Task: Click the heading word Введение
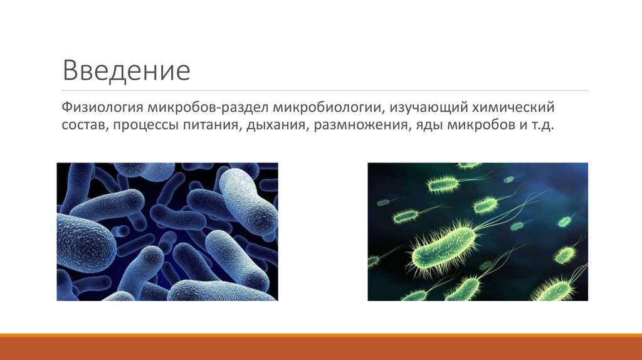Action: click(x=126, y=70)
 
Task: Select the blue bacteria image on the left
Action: click(x=167, y=231)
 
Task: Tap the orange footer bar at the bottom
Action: click(x=321, y=348)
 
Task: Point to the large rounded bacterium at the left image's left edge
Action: click(x=85, y=241)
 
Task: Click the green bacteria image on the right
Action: click(x=477, y=231)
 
